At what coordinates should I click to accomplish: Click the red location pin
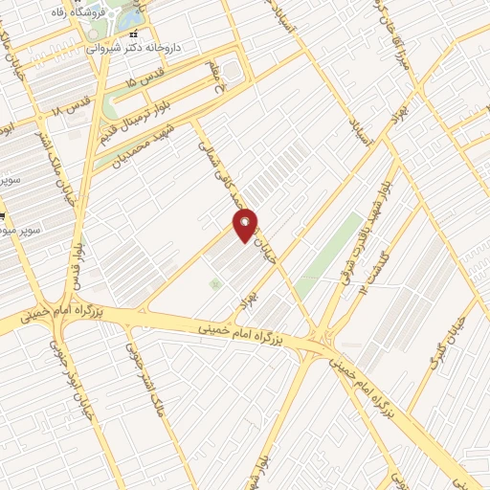pos(246,224)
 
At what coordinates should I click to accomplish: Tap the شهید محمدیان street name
pos(144,139)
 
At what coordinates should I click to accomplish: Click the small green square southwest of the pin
pos(215,284)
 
